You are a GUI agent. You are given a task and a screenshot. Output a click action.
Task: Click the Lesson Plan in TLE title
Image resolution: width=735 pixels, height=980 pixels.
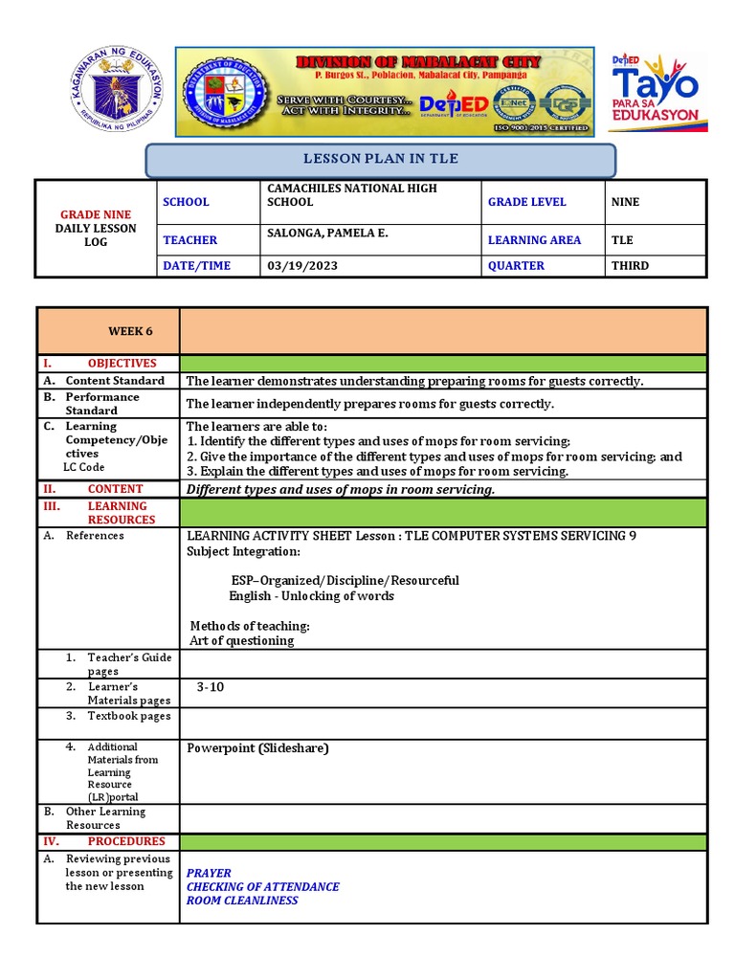pos(380,159)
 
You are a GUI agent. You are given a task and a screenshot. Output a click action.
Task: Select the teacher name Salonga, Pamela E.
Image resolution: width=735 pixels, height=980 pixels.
pos(326,233)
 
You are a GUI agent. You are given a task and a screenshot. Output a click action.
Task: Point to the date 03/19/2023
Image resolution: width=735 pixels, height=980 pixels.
pos(301,266)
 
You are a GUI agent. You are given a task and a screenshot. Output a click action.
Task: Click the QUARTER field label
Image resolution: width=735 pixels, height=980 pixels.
pos(516,266)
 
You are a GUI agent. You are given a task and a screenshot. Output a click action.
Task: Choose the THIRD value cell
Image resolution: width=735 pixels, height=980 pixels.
pos(630,266)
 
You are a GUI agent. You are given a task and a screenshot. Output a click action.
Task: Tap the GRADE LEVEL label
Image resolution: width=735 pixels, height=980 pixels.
pos(526,202)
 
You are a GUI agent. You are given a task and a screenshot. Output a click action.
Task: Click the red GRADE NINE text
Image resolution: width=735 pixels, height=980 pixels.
pos(96,214)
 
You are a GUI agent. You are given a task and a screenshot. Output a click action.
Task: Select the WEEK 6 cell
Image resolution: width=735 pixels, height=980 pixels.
pos(130,331)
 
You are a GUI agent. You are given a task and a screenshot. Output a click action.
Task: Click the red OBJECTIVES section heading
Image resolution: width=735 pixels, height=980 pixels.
pos(122,364)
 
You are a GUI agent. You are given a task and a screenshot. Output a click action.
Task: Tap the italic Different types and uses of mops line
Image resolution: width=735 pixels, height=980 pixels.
pos(341,489)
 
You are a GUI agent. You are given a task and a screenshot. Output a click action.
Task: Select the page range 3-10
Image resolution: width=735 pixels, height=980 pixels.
pos(211,687)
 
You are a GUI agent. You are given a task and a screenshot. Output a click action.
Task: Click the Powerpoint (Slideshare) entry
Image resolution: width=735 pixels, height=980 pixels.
pos(257,748)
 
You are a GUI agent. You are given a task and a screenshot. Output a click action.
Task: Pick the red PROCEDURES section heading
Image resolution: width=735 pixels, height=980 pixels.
pos(126,841)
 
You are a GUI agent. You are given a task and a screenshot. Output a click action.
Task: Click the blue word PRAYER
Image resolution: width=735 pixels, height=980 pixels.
pos(209,874)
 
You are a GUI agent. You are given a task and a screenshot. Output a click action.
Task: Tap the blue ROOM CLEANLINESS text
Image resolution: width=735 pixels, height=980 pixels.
pos(242,901)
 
